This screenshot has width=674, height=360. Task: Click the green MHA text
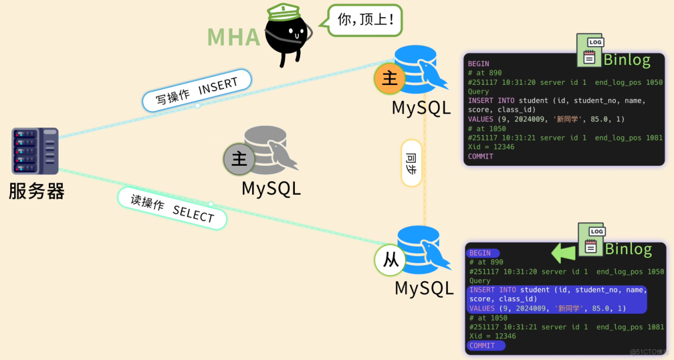click(x=233, y=36)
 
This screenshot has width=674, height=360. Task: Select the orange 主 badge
click(x=390, y=78)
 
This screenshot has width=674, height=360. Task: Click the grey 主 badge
click(x=239, y=159)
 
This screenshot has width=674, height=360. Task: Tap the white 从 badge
click(x=391, y=260)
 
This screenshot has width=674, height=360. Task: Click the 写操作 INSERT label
click(x=196, y=90)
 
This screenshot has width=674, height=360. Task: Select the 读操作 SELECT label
click(x=172, y=208)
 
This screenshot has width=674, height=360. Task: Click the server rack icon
click(x=35, y=151)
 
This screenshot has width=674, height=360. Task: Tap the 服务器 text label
click(x=36, y=191)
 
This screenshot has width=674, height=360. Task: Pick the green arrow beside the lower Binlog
click(x=564, y=252)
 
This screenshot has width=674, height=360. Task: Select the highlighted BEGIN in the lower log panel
click(x=482, y=253)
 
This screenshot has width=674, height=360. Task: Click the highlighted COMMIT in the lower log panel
click(x=484, y=345)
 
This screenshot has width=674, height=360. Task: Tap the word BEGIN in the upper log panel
click(x=478, y=64)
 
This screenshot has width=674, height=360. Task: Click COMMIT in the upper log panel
click(x=480, y=156)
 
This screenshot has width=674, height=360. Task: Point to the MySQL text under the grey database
click(x=271, y=188)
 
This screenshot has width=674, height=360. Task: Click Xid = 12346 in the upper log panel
click(x=491, y=147)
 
